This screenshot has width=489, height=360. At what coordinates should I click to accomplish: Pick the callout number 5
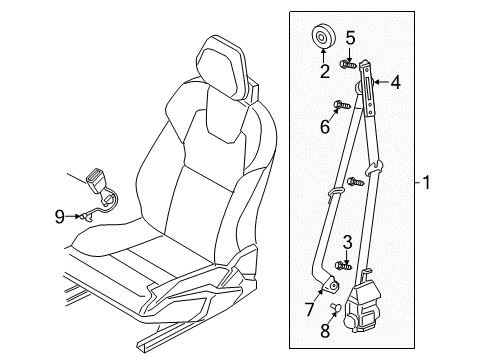(349, 38)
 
